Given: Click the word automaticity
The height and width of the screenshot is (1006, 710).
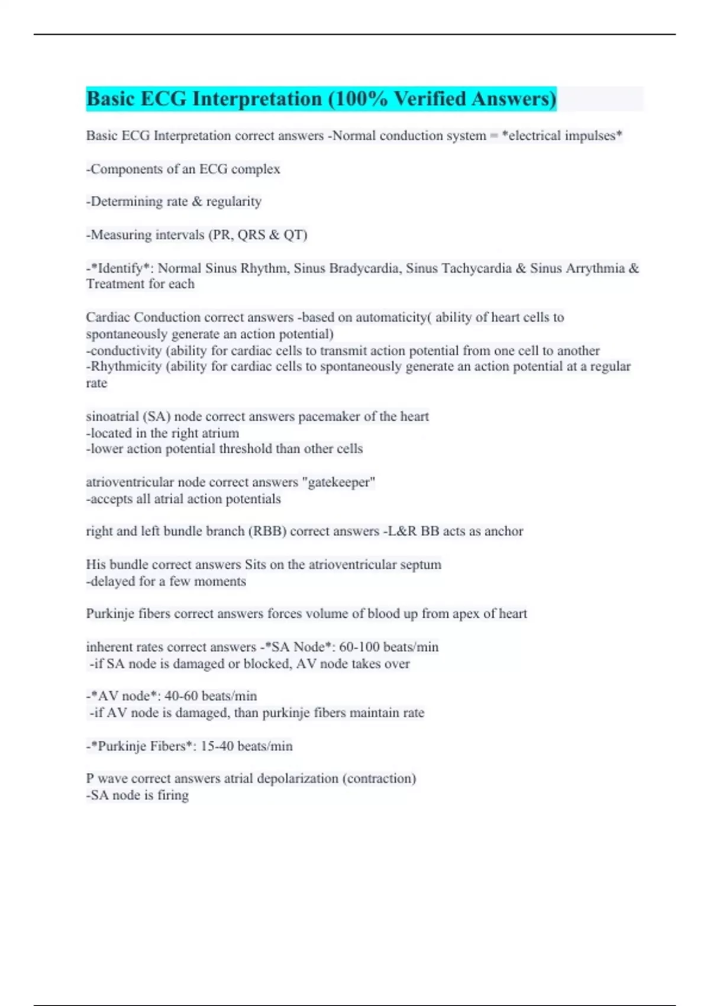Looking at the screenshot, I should coord(390,317).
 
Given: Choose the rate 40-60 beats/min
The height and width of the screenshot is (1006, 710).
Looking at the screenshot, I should coord(211,696).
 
